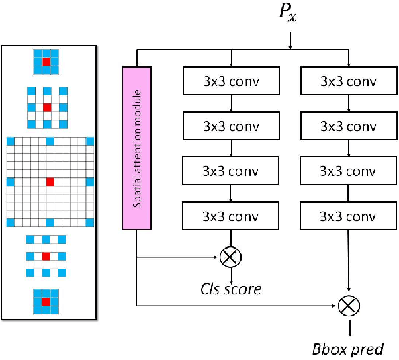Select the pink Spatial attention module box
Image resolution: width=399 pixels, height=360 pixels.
point(136,147)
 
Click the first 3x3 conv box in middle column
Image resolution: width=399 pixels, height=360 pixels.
point(231,82)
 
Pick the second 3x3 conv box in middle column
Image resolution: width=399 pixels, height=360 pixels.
point(231,126)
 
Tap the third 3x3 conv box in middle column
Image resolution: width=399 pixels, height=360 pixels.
point(231,171)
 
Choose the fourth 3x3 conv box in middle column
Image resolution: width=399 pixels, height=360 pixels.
point(231,216)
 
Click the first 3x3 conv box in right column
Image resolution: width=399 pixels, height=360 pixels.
point(347,82)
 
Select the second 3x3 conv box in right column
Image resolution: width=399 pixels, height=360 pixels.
point(347,126)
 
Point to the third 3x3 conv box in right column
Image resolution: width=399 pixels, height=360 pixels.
point(347,171)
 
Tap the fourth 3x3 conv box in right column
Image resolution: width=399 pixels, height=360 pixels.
point(347,216)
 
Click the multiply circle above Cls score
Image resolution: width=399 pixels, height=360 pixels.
point(230,256)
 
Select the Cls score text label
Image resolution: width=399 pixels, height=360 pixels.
point(230,288)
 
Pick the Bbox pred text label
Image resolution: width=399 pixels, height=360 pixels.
point(347,349)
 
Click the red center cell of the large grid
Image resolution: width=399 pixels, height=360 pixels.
point(50,181)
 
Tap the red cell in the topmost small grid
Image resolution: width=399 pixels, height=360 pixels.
point(46,62)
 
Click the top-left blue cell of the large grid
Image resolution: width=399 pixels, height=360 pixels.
point(10,141)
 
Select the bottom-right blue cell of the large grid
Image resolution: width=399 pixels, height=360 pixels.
point(89,222)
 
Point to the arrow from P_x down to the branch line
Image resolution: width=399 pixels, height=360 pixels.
point(290,40)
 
